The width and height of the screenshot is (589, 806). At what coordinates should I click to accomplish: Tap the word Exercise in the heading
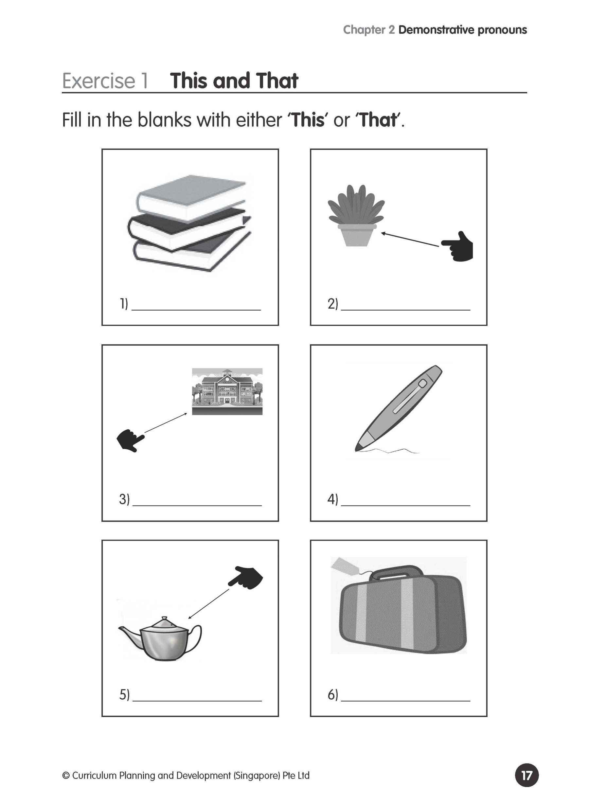click(98, 81)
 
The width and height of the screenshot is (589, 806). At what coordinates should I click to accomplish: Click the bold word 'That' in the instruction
click(378, 120)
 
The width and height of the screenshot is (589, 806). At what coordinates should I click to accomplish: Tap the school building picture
click(227, 391)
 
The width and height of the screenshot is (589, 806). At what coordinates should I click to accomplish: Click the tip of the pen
click(358, 449)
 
